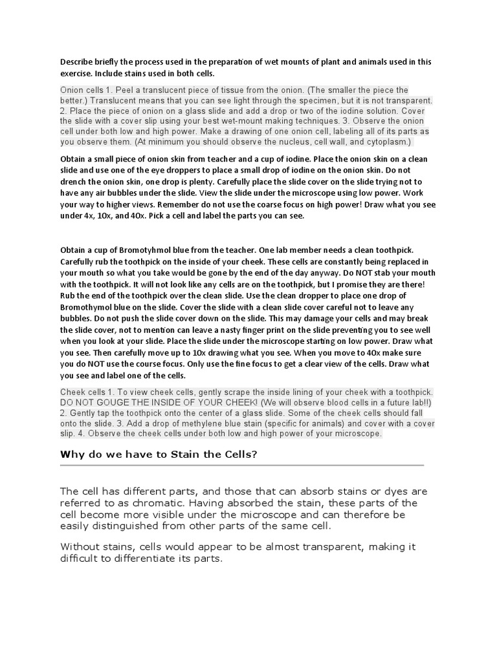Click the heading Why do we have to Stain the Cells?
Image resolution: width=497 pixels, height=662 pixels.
(159, 454)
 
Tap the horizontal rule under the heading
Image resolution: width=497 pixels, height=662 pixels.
(242, 465)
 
